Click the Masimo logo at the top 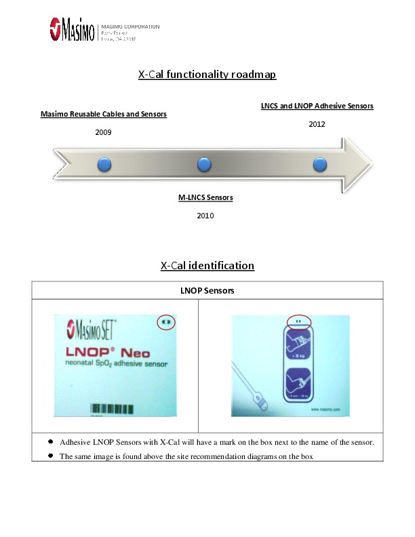tap(72, 30)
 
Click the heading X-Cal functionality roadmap tap(207, 75)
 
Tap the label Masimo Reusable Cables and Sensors tap(104, 115)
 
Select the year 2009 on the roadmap tap(103, 132)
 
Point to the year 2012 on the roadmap tap(317, 124)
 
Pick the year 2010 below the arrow tap(205, 216)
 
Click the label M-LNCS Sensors tap(205, 198)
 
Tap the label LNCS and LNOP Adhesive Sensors tap(317, 106)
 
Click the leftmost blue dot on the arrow tap(104, 164)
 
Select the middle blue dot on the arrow tap(204, 164)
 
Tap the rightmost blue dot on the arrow tap(319, 164)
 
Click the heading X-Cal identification tap(207, 266)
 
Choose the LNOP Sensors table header tap(207, 290)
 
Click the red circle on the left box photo tap(165, 321)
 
